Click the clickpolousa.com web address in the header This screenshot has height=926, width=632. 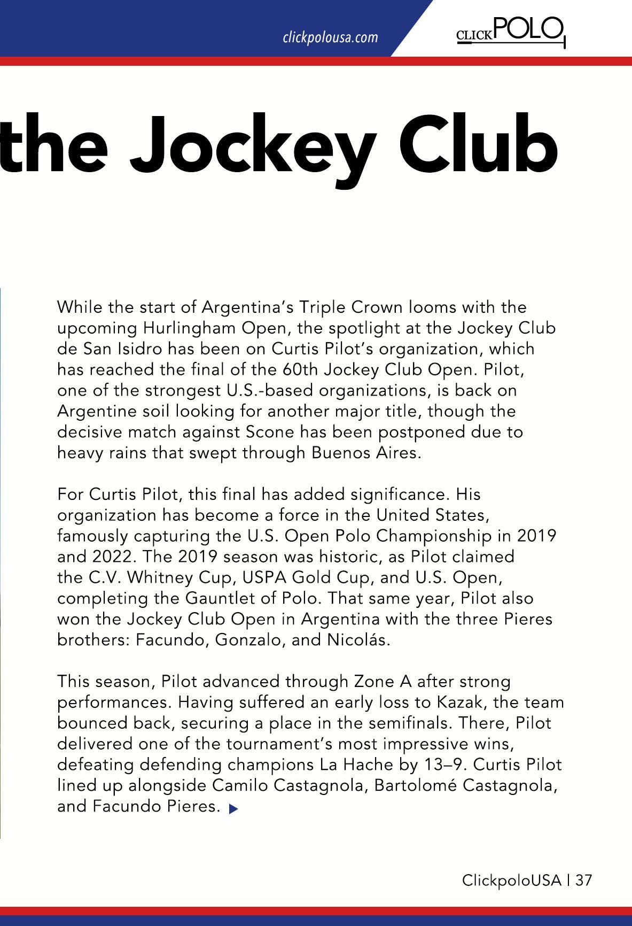[x=330, y=37]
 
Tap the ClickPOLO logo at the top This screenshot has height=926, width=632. [x=511, y=32]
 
